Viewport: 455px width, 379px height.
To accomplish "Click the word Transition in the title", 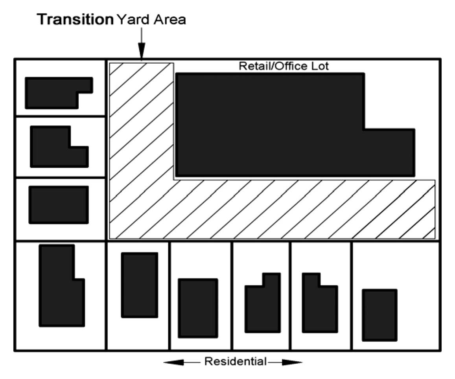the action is pyautogui.click(x=75, y=20).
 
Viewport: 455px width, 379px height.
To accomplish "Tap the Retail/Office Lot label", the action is pyautogui.click(x=284, y=66).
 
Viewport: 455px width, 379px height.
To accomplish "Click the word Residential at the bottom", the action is pyautogui.click(x=235, y=361).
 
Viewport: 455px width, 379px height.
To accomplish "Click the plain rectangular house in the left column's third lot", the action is pyautogui.click(x=59, y=204).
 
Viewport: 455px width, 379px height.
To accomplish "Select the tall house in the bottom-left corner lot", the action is pyautogui.click(x=59, y=291).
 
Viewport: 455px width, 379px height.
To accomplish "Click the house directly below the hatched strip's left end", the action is pyautogui.click(x=140, y=285).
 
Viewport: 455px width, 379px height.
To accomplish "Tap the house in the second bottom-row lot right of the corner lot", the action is pyautogui.click(x=198, y=308).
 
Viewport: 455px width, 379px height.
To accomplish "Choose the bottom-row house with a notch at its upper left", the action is pyautogui.click(x=263, y=307).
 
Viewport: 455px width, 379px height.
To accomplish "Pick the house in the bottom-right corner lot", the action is pyautogui.click(x=379, y=315).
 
